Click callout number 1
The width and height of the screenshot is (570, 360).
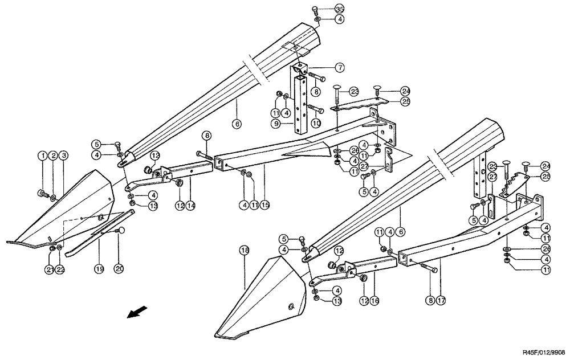(42, 156)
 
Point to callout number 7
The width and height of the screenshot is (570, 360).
(339, 68)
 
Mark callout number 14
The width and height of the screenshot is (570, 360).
(191, 204)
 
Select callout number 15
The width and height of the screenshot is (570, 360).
(264, 204)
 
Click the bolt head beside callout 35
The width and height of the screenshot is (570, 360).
(315, 9)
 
